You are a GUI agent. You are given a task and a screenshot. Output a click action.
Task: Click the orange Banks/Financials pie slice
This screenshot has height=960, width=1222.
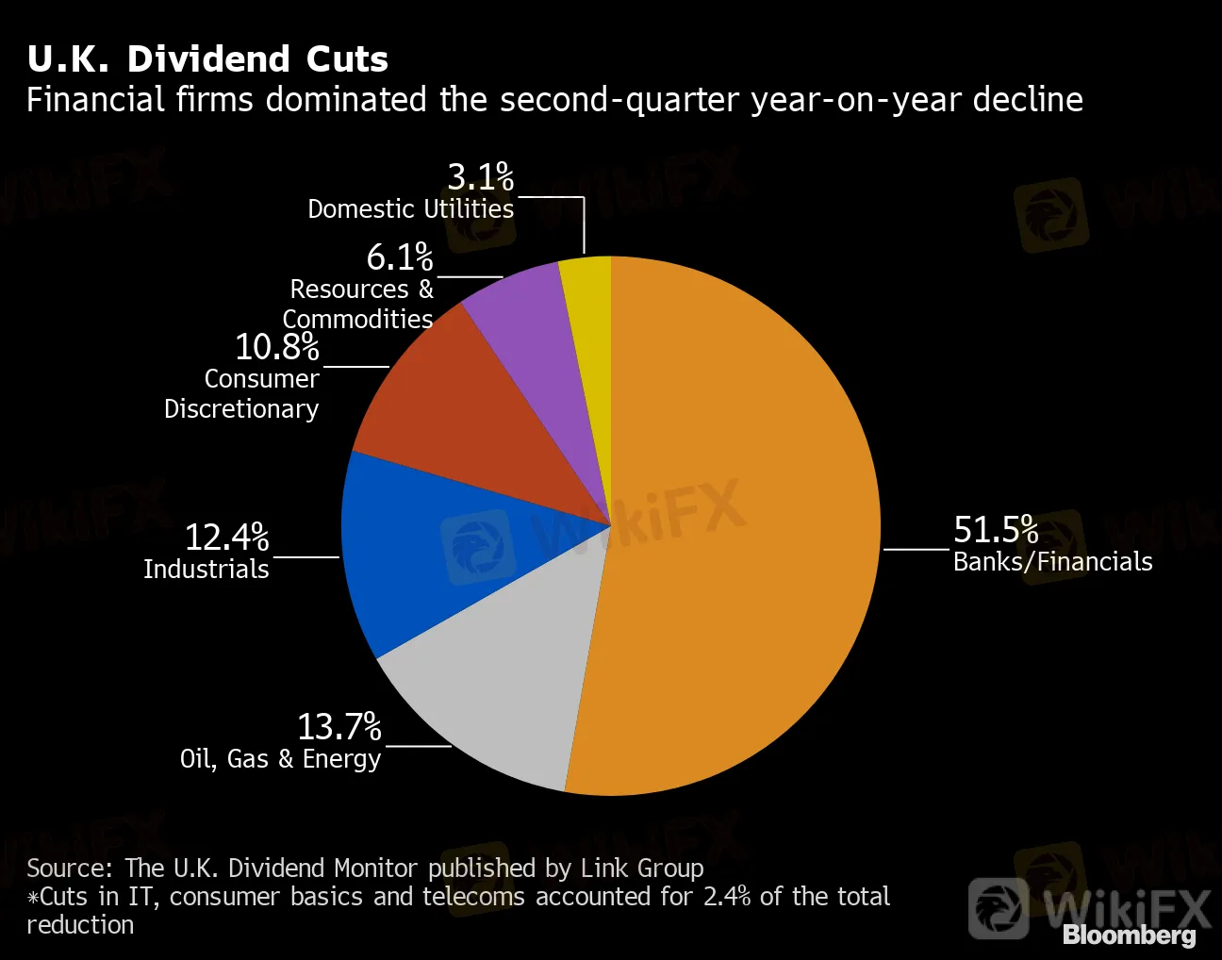tap(735, 528)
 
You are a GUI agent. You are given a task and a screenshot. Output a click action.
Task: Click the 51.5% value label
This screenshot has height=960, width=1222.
tap(996, 530)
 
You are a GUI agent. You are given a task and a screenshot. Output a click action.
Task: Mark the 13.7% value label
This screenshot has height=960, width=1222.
tap(339, 727)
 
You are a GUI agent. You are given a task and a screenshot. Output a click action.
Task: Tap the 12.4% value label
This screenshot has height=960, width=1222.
tap(227, 538)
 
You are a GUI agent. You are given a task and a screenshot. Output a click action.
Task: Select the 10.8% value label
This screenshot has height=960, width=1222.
tap(277, 347)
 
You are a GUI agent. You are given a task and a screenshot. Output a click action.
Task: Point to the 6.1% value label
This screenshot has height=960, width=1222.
tap(400, 257)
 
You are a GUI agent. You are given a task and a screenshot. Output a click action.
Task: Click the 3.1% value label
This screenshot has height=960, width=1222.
tap(481, 177)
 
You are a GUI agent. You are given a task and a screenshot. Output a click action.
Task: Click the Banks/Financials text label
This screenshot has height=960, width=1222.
tap(1052, 562)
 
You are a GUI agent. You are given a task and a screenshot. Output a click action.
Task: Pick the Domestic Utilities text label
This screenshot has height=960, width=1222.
tap(411, 208)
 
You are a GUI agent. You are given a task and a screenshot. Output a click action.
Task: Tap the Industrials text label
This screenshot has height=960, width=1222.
tap(206, 570)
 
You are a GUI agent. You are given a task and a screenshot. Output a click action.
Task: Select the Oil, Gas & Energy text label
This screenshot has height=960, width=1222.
tap(281, 759)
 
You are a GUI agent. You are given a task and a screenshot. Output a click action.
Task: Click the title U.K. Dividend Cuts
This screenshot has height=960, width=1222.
tap(207, 58)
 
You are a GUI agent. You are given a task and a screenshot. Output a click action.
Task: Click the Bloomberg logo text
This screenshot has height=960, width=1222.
tap(1130, 935)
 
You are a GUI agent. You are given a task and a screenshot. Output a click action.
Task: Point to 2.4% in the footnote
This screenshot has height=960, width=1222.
tap(727, 896)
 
